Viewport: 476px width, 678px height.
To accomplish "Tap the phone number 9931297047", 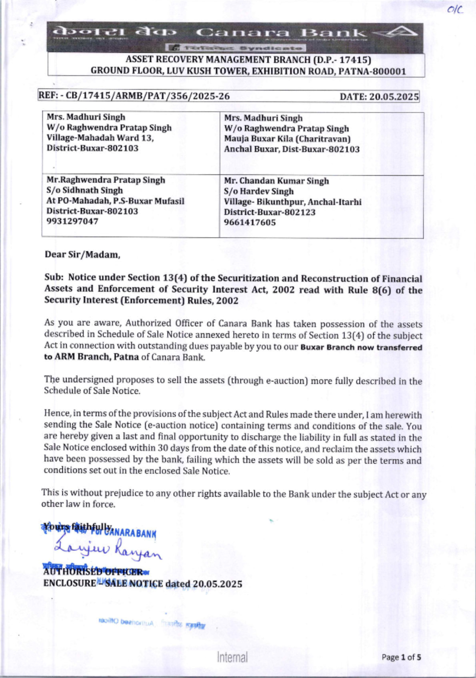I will (72, 221).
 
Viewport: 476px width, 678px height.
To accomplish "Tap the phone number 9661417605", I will (249, 222).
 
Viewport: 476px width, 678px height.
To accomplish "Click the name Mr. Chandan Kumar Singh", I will (276, 181).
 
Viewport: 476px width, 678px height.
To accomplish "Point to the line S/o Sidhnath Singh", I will (84, 190).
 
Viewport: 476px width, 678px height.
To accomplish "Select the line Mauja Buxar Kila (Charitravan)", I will (287, 139).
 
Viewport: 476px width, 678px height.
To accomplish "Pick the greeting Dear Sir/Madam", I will (82, 255).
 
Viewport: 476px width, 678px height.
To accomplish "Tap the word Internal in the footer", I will (232, 658).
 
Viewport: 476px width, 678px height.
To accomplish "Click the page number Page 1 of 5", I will (401, 658).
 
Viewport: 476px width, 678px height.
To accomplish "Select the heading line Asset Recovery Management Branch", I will (248, 60).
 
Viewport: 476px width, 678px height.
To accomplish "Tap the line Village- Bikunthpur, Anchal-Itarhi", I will (292, 202).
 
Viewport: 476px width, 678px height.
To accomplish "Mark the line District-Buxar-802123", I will (269, 212).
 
